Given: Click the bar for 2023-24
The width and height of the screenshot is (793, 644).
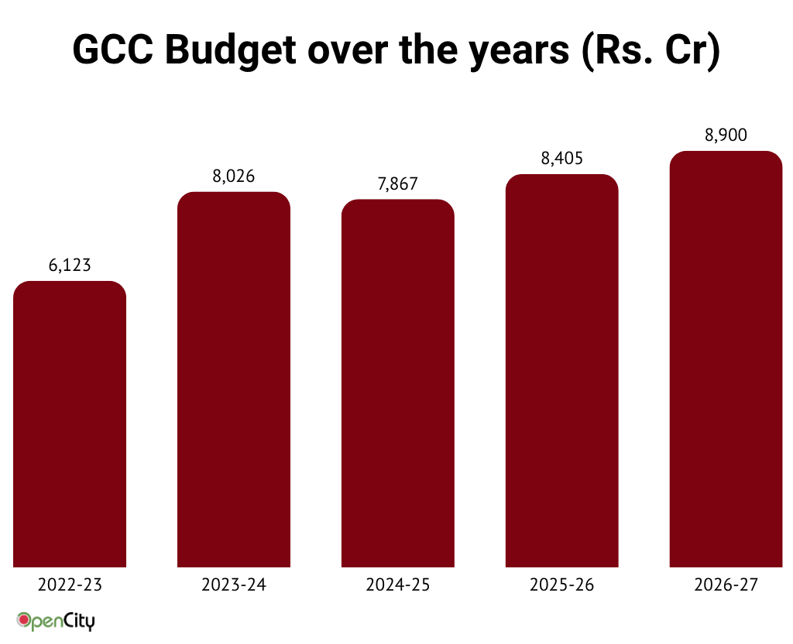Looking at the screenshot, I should click(234, 379).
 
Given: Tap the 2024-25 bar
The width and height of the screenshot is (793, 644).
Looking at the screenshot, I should click(398, 383).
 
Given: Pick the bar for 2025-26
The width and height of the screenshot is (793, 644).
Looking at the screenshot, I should click(562, 371).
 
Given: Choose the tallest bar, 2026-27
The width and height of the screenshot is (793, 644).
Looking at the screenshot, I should click(726, 359).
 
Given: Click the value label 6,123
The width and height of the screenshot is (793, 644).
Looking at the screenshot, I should click(70, 265).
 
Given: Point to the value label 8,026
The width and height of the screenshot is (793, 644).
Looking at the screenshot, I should click(234, 176).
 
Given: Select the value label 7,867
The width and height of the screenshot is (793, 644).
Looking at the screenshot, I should click(398, 183).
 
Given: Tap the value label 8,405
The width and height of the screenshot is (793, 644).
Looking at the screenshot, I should click(562, 159).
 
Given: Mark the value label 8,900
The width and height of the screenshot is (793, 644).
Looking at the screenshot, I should click(726, 135).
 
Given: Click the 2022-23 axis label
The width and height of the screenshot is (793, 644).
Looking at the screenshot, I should click(70, 585).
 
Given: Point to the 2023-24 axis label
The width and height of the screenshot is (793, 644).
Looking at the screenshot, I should click(234, 585).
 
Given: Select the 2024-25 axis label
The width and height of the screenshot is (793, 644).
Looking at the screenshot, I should click(398, 585).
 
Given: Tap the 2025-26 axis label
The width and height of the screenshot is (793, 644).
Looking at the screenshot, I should click(562, 585).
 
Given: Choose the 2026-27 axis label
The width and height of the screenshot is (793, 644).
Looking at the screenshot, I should click(726, 585).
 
